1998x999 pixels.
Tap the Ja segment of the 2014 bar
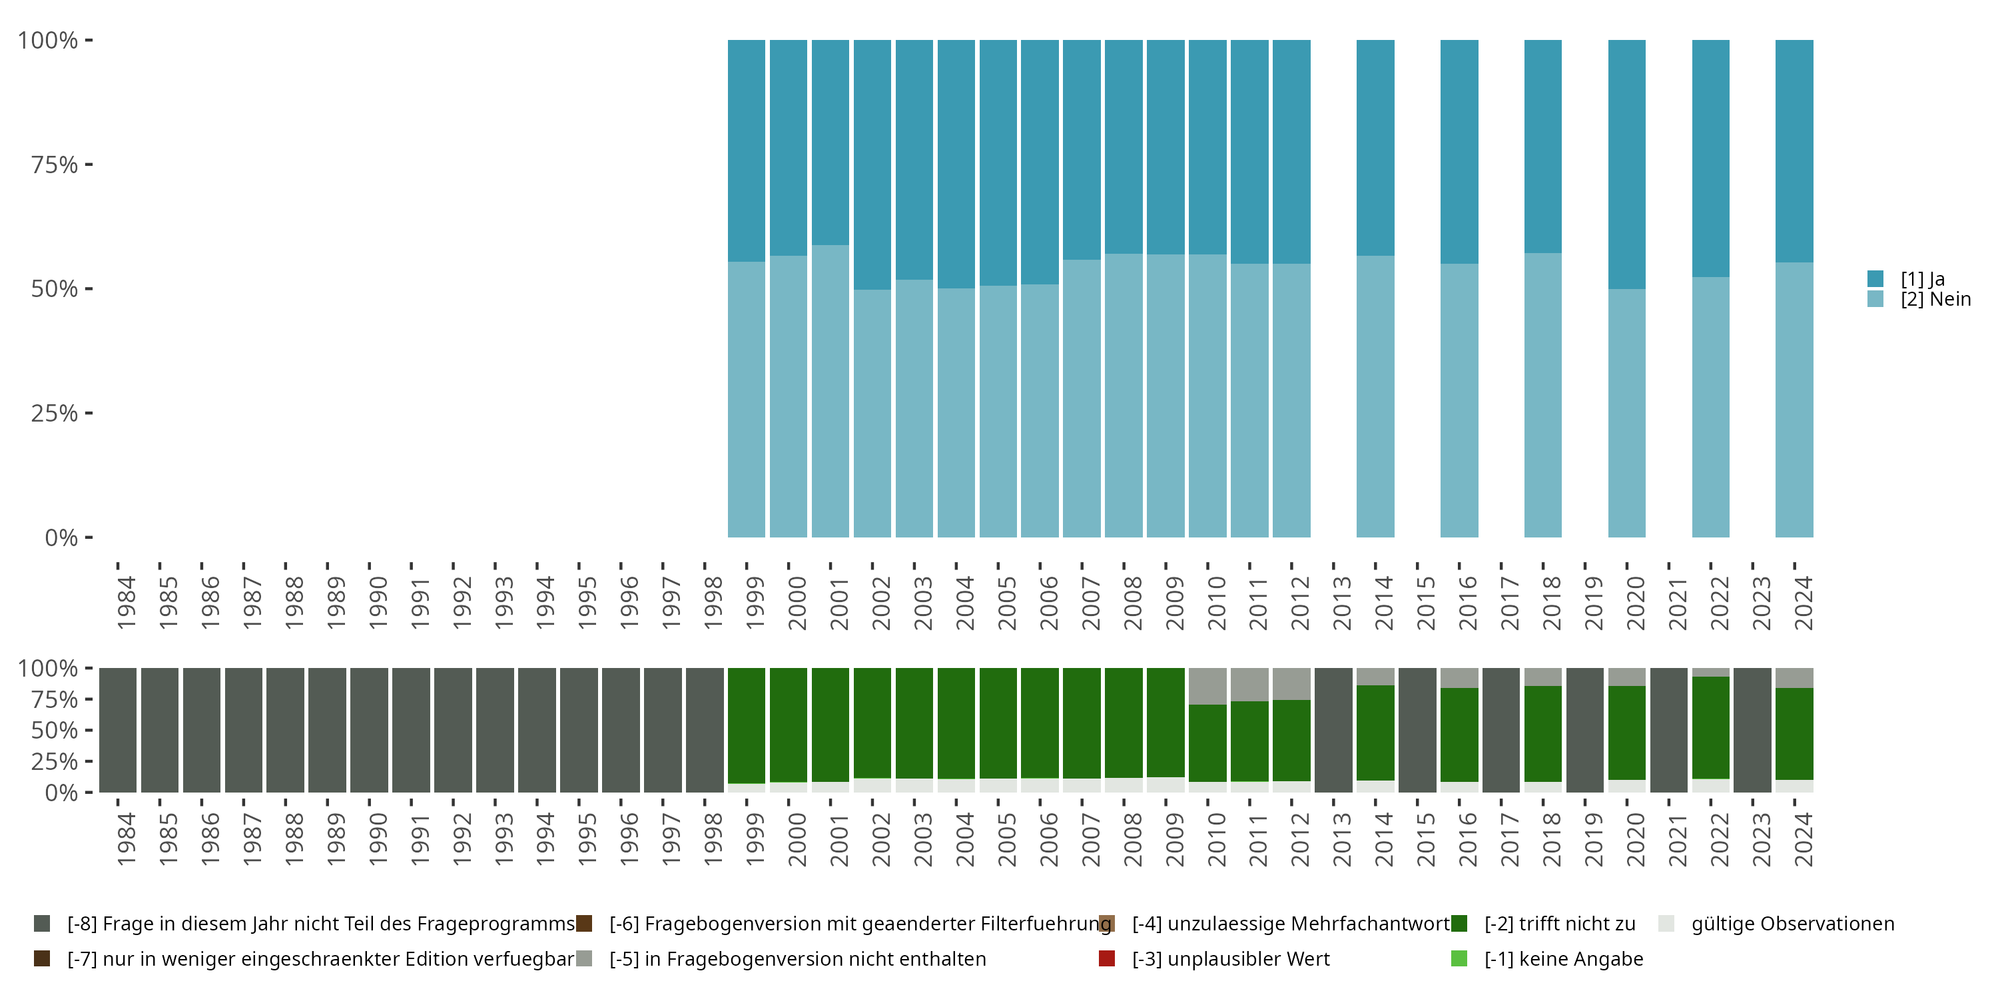pos(1375,147)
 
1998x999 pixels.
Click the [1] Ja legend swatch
pos(1875,278)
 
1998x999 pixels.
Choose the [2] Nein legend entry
pos(1935,300)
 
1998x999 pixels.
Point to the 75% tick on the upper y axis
pos(89,165)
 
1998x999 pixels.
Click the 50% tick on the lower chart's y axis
pos(89,730)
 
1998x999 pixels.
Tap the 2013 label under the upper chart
pos(1341,603)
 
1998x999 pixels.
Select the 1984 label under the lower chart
pos(126,839)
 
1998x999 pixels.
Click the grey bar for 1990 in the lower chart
pos(369,730)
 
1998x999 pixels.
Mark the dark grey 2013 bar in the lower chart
pos(1333,730)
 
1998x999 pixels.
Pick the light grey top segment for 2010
pos(1207,686)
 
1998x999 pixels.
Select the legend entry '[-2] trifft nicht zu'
pos(1559,924)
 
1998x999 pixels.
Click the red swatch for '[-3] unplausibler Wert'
pos(1107,958)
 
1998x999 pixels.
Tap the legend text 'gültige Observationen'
pos(1792,924)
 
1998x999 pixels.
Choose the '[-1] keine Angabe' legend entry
pos(1563,958)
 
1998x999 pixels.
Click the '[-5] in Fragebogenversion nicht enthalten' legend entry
pos(797,958)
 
